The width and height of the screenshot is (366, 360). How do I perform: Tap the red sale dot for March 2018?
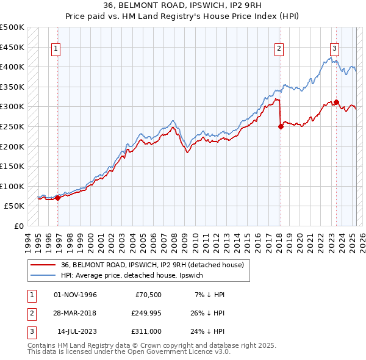tap(281, 127)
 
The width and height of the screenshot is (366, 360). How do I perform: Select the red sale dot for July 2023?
tap(336, 103)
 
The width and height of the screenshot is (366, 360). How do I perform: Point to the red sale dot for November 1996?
tap(58, 198)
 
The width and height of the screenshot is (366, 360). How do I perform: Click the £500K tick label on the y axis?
tap(12, 27)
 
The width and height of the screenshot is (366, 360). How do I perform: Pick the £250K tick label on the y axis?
tap(12, 126)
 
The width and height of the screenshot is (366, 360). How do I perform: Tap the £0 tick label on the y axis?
tap(20, 226)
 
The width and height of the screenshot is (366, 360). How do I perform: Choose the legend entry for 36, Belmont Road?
tap(152, 265)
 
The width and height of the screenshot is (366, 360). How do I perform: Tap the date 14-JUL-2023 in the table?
tap(76, 331)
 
